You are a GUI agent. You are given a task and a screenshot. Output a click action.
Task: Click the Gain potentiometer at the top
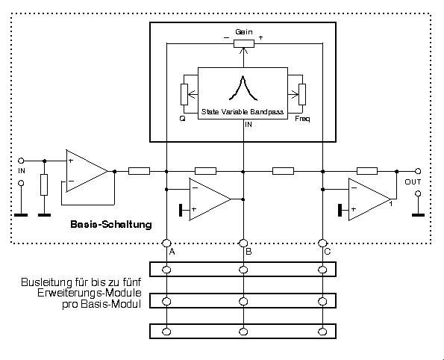(244, 43)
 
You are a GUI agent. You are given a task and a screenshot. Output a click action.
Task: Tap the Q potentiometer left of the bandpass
(184, 94)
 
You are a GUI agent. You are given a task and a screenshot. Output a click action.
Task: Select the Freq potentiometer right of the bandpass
(302, 94)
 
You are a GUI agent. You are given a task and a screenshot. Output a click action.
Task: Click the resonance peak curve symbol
(243, 88)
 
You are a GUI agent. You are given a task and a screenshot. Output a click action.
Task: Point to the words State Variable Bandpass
(243, 112)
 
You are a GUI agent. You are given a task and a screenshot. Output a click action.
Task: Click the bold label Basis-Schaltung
(111, 224)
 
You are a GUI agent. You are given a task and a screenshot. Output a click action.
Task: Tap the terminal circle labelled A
(166, 243)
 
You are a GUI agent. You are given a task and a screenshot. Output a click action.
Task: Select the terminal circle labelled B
(243, 243)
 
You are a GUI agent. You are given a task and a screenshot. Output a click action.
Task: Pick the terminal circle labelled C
(322, 243)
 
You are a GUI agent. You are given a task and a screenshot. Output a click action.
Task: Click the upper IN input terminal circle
(21, 161)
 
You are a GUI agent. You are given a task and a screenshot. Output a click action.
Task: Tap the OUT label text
(413, 182)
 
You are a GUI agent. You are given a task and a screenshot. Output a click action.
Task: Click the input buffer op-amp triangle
(87, 171)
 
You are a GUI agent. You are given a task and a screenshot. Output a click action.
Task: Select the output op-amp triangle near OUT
(369, 199)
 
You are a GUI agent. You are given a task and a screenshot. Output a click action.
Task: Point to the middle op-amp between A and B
(210, 199)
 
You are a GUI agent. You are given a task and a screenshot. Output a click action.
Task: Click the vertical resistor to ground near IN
(44, 184)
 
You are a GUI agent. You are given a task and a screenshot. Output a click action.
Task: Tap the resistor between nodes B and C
(283, 171)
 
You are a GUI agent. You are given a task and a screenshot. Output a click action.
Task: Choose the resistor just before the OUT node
(367, 171)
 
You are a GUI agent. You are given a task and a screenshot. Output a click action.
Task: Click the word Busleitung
(47, 282)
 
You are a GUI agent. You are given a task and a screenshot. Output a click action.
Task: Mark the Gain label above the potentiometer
(244, 32)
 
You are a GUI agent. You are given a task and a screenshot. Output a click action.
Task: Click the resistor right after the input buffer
(139, 171)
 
